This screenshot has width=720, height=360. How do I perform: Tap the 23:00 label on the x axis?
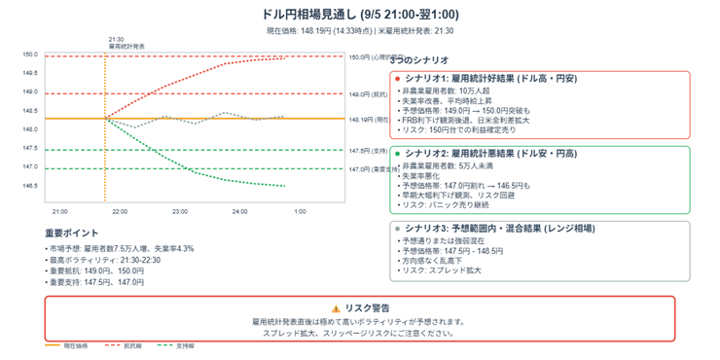click(180, 211)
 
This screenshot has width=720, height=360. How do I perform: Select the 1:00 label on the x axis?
click(300, 211)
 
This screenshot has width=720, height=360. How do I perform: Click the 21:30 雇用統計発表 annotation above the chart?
click(126, 43)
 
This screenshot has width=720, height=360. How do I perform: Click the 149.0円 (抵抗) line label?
click(367, 94)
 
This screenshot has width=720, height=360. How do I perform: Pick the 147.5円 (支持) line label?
click(367, 151)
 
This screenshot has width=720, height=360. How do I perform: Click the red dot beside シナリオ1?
click(398, 78)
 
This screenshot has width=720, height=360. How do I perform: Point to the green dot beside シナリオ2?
click(398, 154)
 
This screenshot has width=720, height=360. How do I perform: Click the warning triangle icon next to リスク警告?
click(337, 307)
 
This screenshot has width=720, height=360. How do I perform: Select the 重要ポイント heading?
click(72, 234)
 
